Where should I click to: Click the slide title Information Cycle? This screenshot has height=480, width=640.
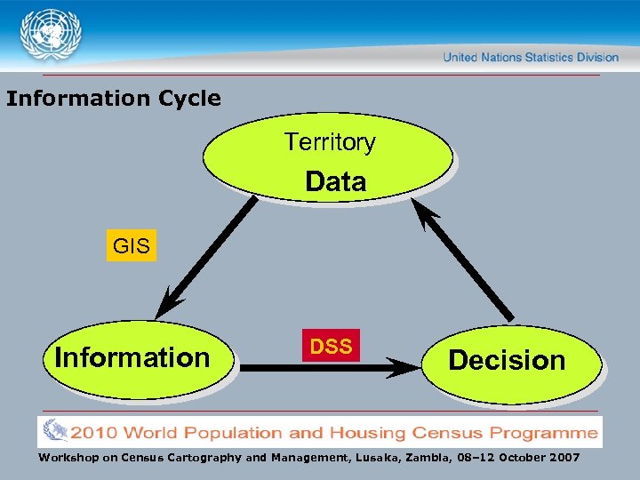114,98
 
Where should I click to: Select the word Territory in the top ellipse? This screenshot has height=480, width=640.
330,141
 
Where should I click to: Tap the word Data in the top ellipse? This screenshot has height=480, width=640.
335,182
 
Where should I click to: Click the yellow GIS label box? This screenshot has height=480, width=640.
132,246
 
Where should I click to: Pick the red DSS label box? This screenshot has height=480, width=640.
332,346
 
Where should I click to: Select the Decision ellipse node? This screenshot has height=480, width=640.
508,361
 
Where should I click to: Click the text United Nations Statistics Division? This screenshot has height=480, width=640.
531,57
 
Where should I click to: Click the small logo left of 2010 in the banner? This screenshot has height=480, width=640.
55,431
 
